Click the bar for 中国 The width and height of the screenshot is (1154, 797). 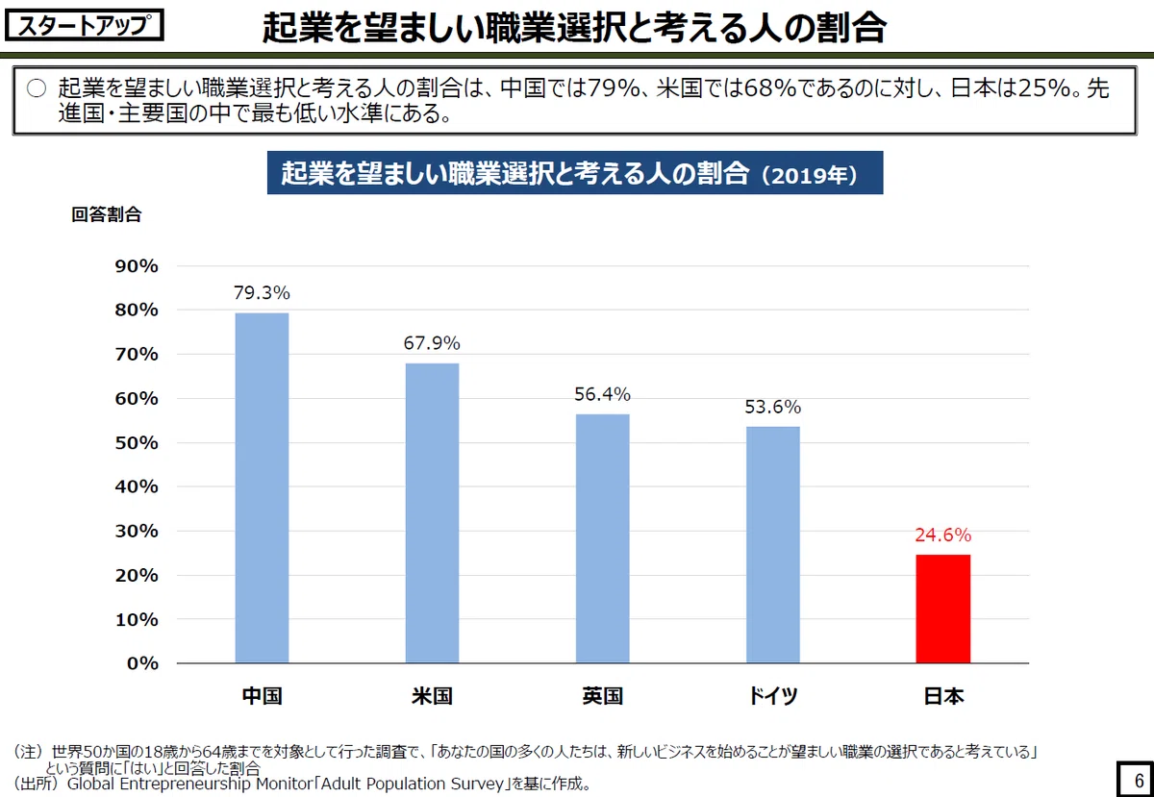262,487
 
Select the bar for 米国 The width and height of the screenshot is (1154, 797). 432,512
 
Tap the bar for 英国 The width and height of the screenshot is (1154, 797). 602,537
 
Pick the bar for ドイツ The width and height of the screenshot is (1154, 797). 773,544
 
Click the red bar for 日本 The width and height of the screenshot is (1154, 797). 942,609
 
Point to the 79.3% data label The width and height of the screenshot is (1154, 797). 262,292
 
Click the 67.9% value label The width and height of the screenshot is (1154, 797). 432,343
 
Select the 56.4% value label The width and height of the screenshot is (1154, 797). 602,394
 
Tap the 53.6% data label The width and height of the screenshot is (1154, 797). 773,407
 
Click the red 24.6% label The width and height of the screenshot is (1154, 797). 943,535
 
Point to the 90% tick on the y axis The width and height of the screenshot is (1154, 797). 137,266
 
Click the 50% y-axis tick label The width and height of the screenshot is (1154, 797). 137,442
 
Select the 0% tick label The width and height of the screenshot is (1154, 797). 142,663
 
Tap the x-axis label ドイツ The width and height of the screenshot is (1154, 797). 773,696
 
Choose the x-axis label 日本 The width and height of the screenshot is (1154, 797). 943,696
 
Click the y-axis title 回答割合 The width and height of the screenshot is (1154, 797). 106,214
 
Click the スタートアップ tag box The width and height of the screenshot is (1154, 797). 85,25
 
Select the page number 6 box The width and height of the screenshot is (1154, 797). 1136,780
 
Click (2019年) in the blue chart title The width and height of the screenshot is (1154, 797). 810,175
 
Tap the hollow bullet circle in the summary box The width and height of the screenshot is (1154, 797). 37,88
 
